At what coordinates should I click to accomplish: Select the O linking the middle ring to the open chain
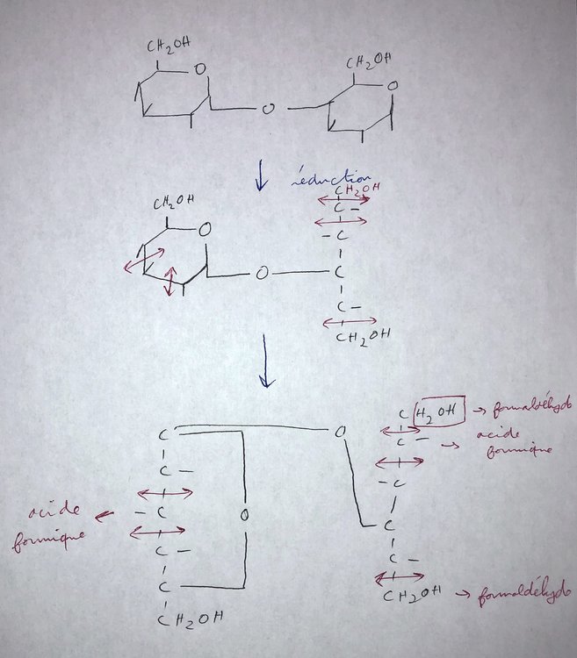(x=262, y=274)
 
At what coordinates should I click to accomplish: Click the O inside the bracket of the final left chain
(x=245, y=512)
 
